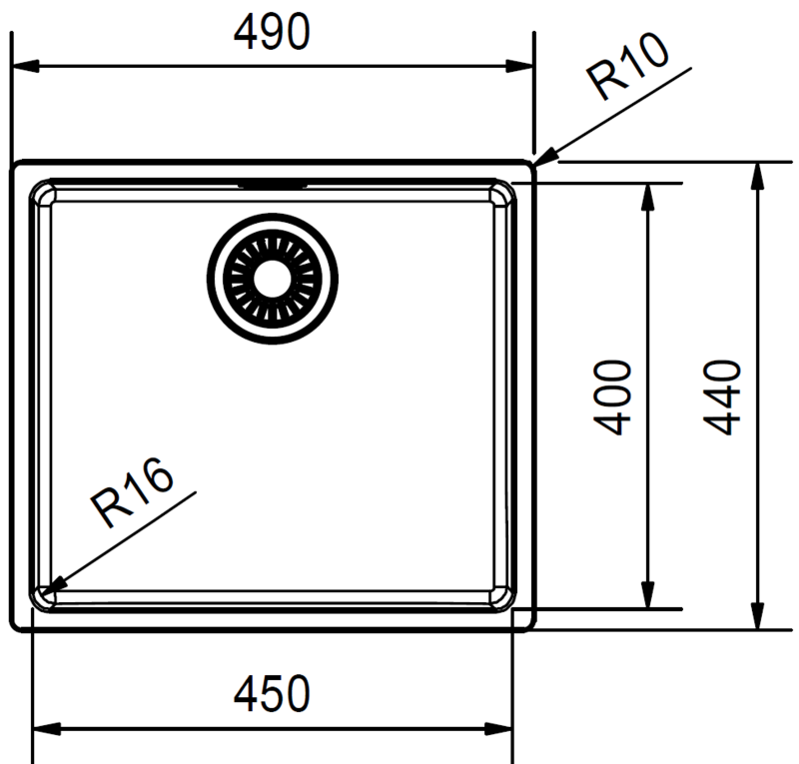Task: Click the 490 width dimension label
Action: click(x=272, y=32)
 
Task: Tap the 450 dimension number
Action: click(x=272, y=694)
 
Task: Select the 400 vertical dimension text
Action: click(x=612, y=397)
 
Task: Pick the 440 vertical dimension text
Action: click(x=721, y=397)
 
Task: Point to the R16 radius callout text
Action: click(x=132, y=492)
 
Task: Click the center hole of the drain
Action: click(x=272, y=279)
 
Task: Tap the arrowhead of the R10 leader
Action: click(x=544, y=158)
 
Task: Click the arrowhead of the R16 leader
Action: click(x=53, y=587)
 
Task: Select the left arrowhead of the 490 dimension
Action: click(x=24, y=66)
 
